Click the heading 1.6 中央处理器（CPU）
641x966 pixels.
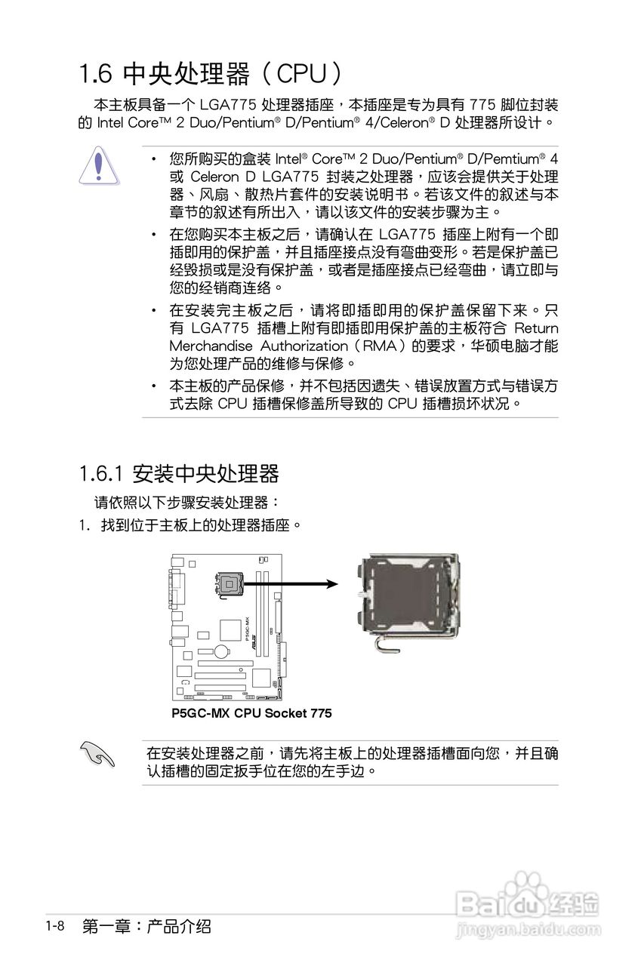(211, 74)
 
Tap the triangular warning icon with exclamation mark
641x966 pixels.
(100, 166)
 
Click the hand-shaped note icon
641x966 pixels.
(98, 754)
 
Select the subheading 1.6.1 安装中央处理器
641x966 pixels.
(179, 474)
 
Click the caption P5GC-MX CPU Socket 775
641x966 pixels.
(251, 713)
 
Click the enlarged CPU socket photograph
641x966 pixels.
(408, 604)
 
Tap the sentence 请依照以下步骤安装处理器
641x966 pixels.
(185, 501)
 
